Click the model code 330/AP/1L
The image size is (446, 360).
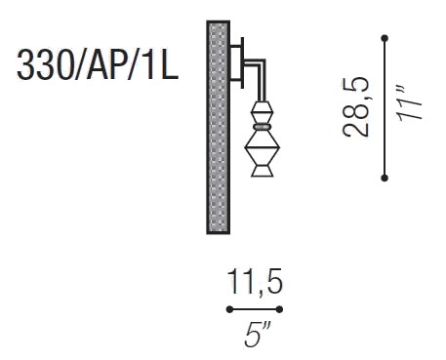[x=98, y=64]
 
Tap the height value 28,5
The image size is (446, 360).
[x=355, y=107]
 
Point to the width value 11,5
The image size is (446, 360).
[x=255, y=282]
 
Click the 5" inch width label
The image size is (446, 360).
[x=258, y=335]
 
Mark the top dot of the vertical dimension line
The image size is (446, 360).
[x=385, y=38]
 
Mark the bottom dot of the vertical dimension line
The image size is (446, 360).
[x=385, y=178]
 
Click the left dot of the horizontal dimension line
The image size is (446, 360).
[x=229, y=309]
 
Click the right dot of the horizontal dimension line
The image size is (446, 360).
[x=279, y=309]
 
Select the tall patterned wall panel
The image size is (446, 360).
[x=219, y=128]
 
